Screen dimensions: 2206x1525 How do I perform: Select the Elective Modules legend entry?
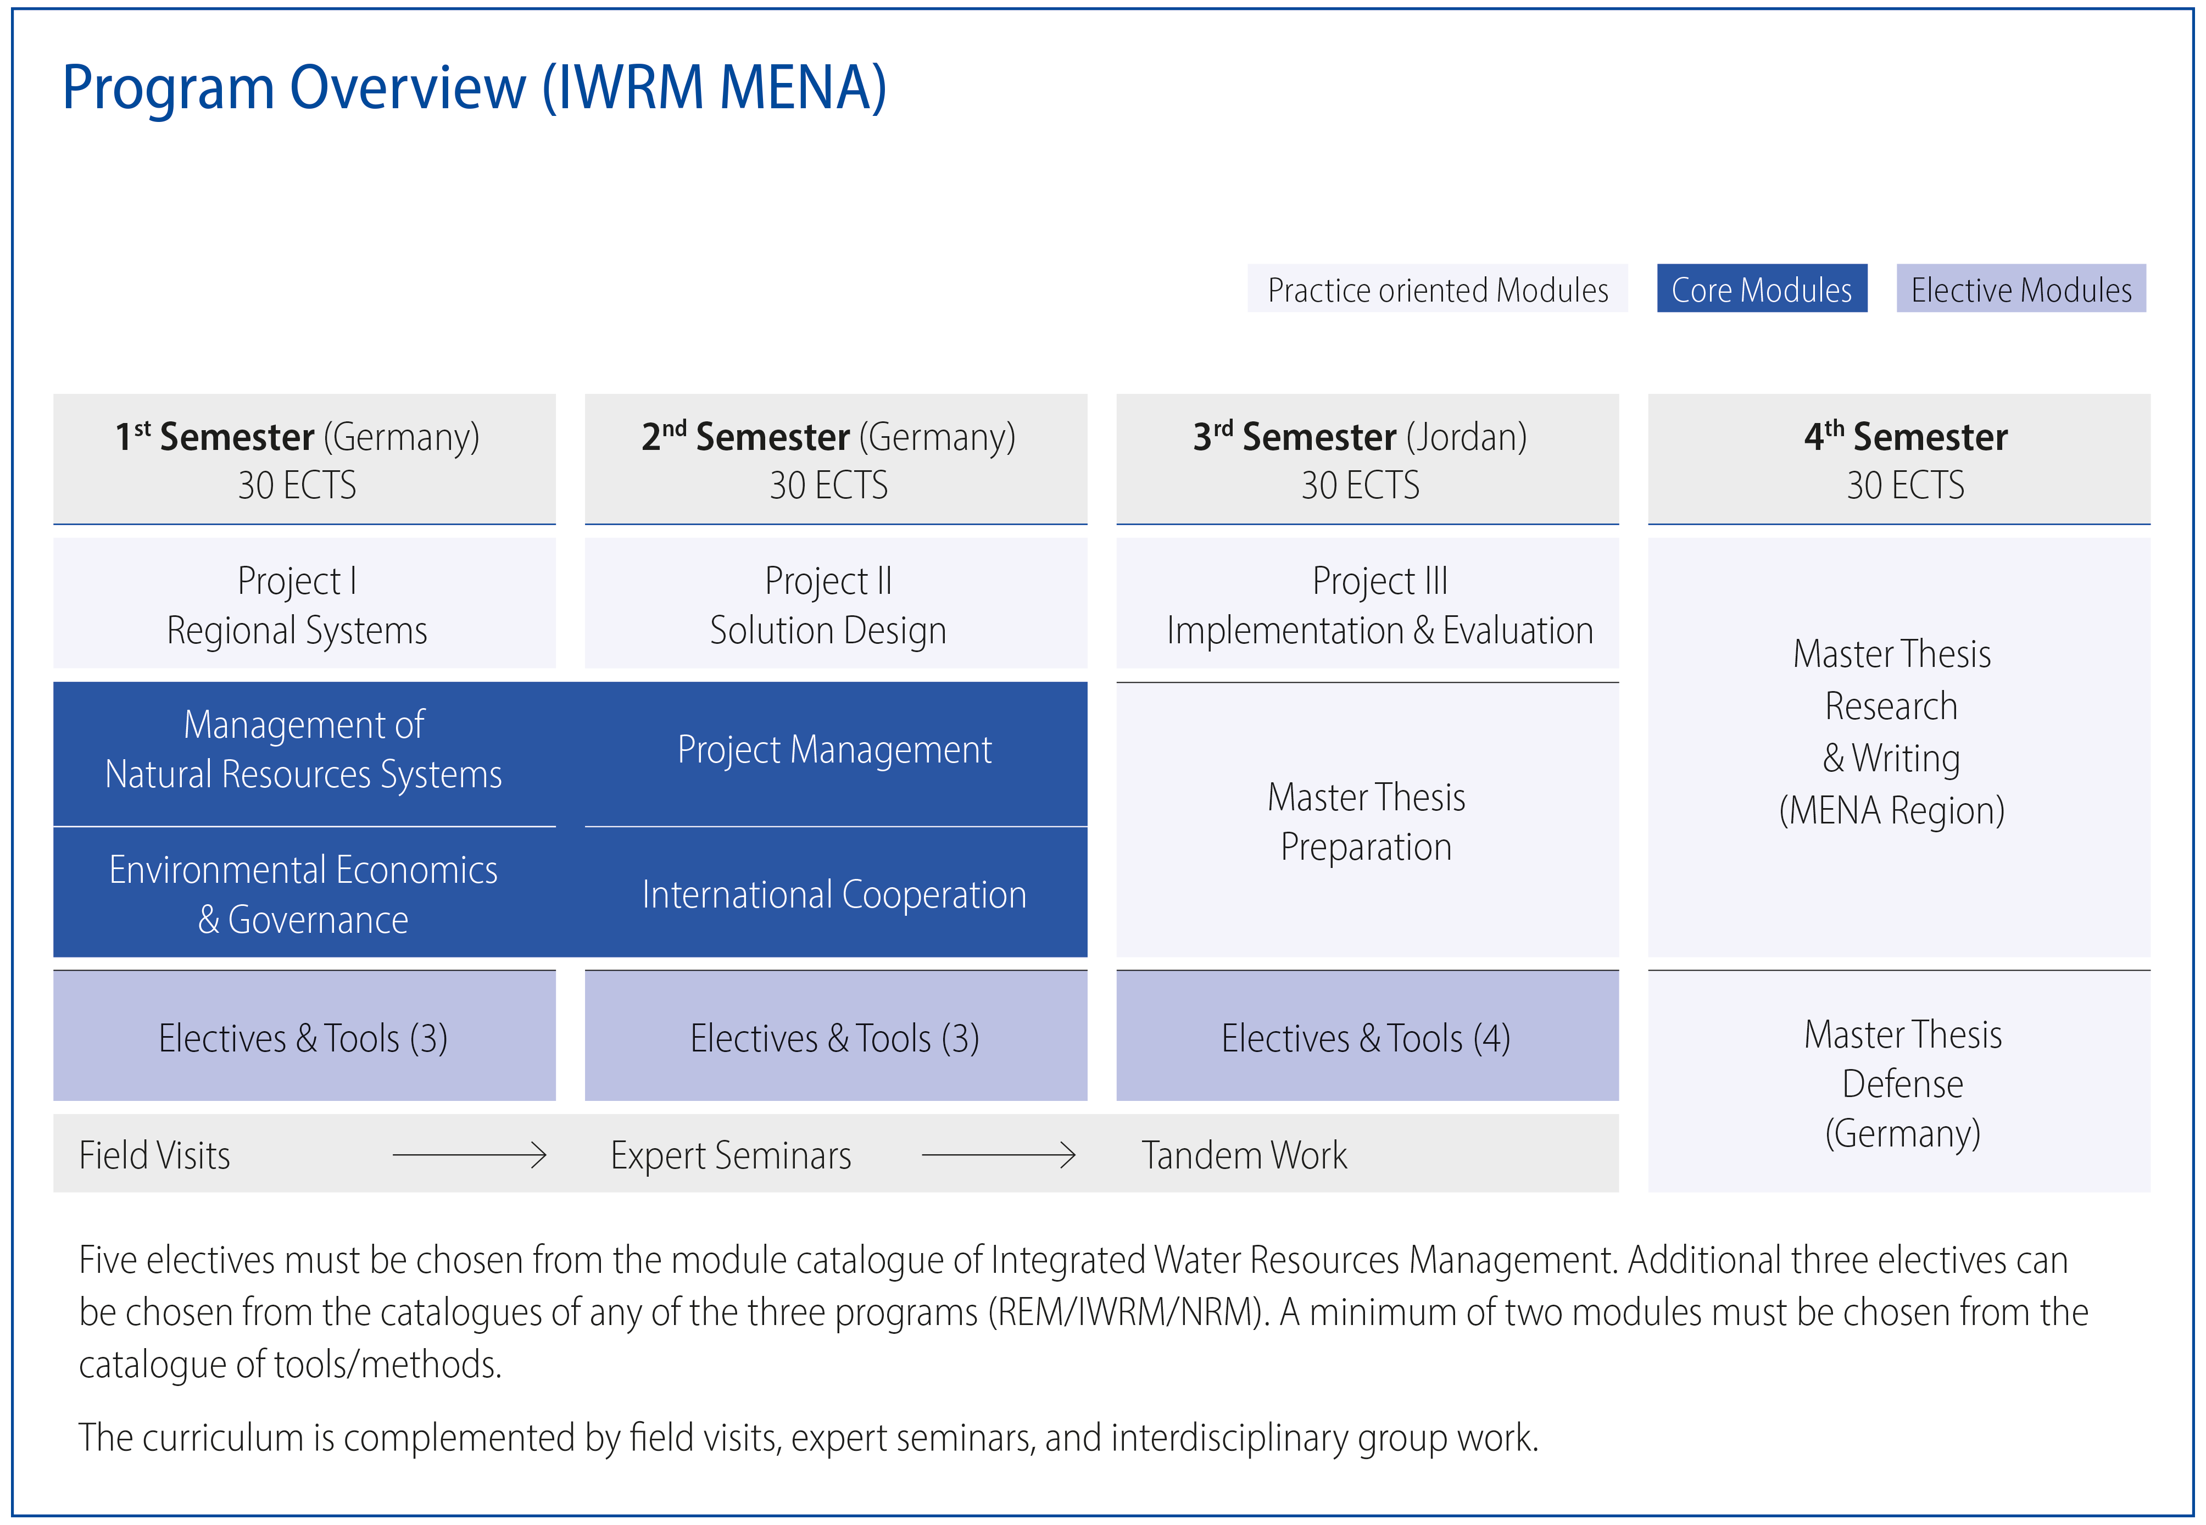point(2021,288)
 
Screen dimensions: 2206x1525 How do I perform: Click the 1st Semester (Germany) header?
point(304,459)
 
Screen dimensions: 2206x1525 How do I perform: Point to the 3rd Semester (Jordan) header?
point(1367,459)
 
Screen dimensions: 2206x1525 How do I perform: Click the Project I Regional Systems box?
point(304,603)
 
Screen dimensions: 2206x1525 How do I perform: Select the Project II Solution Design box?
point(836,603)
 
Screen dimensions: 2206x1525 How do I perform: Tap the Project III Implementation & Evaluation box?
point(1367,603)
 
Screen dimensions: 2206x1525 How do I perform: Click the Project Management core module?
point(836,753)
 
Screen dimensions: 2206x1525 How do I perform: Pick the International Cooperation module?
point(836,893)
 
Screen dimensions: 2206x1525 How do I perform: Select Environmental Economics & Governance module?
point(304,893)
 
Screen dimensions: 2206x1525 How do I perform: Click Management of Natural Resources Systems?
point(304,753)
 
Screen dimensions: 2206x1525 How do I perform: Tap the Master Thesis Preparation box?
point(1367,820)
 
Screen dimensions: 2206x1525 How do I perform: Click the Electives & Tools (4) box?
point(1367,1036)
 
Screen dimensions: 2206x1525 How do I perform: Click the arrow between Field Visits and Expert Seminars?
point(469,1155)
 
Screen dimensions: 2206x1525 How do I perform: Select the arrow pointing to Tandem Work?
point(999,1155)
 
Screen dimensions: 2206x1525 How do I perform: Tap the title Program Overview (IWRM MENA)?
point(474,88)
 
